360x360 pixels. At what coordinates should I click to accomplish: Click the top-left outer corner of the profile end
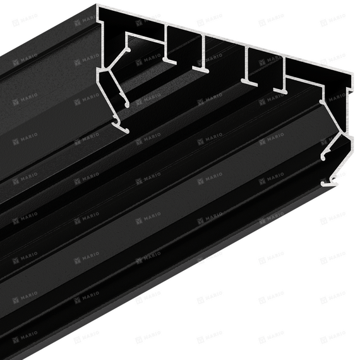point(97,5)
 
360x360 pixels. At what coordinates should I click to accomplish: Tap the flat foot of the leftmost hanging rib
point(170,61)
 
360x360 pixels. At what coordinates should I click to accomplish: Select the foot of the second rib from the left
point(200,69)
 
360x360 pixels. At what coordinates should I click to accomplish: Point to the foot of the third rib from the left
point(249,82)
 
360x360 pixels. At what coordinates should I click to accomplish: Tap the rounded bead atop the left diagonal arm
point(128,50)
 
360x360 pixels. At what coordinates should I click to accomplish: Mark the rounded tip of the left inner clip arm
point(126,105)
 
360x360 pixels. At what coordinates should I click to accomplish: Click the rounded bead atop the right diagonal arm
point(321,101)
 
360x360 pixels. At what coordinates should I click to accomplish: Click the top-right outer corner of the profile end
point(352,73)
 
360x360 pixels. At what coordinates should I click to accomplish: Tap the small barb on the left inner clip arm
point(121,93)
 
